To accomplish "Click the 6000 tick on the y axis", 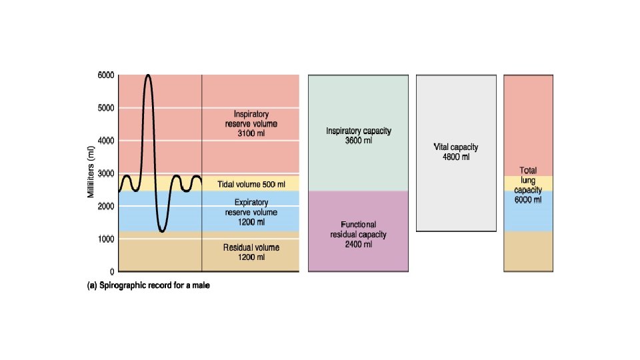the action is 106,75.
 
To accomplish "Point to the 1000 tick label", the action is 106,239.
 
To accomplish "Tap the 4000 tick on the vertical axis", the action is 106,141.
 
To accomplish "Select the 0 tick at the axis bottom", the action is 112,271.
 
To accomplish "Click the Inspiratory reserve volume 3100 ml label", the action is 251,124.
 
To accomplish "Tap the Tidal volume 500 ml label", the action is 251,184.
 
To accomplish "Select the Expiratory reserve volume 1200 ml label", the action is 251,212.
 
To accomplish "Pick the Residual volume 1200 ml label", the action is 251,252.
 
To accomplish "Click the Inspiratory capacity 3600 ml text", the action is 358,136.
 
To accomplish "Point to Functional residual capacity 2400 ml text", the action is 358,235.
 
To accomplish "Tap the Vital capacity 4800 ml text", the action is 456,152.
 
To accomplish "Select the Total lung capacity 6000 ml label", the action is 528,185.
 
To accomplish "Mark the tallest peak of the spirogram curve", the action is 148,75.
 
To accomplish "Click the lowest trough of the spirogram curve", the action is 162,231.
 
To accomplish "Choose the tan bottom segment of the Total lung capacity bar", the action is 528,251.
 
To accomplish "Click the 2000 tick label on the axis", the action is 106,206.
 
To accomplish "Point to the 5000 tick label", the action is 106,108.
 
